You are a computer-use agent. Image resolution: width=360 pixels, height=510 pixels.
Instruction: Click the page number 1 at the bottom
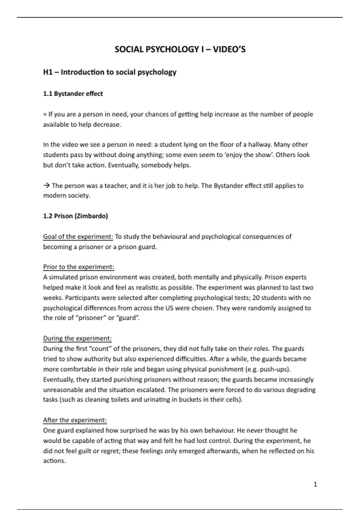(x=315, y=484)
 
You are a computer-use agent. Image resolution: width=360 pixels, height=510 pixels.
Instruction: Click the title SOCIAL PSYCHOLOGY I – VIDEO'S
(x=180, y=49)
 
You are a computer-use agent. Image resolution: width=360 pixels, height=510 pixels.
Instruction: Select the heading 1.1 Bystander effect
(x=73, y=94)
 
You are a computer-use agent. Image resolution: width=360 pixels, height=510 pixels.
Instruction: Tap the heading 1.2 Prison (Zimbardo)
(x=75, y=216)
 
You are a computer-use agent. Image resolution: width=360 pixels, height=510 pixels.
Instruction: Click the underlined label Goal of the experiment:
(x=78, y=237)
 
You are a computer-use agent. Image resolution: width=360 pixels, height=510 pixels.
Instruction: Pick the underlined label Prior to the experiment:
(x=79, y=267)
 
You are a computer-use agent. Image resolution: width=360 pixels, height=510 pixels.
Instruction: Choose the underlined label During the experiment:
(x=77, y=338)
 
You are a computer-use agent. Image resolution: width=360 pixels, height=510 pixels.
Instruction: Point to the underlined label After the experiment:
(x=75, y=420)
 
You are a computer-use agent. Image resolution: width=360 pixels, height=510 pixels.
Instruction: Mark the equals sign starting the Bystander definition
(x=45, y=114)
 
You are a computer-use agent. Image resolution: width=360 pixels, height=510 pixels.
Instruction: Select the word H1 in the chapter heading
(x=48, y=72)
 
